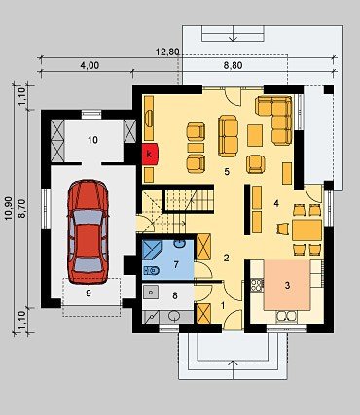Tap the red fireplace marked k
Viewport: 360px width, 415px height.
tap(150, 155)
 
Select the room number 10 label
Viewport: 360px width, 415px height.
tap(92, 140)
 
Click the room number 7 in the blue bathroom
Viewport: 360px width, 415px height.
tap(176, 264)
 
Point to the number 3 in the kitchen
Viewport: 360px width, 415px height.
tap(287, 285)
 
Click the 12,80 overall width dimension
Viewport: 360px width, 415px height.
tap(168, 52)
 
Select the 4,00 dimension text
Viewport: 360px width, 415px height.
tap(90, 65)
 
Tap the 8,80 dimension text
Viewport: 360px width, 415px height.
tap(233, 66)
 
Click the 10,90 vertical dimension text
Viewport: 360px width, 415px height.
tap(9, 208)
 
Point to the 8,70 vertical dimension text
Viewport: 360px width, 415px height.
tap(21, 209)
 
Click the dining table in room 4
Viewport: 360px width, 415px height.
tap(306, 230)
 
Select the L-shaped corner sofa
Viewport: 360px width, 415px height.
tap(274, 120)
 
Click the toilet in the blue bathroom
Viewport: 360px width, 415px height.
tap(151, 269)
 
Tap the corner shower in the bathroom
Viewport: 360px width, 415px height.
tap(154, 250)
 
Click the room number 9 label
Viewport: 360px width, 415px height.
tap(89, 293)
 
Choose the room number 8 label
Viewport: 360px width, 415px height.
tap(175, 295)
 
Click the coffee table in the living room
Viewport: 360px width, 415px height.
tap(255, 135)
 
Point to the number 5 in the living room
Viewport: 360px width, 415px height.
tap(227, 172)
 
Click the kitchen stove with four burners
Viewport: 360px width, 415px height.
tap(257, 285)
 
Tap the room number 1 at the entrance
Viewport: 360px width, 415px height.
tap(223, 305)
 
